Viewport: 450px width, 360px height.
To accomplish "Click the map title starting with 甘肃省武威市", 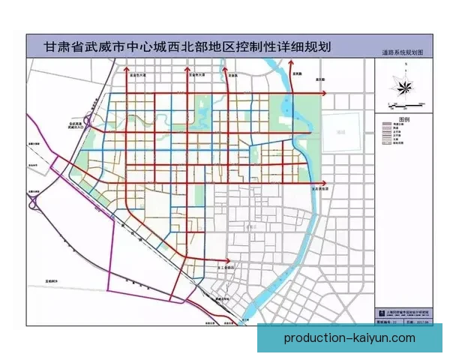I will click(x=188, y=45).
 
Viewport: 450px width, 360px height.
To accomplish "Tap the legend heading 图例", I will click(x=403, y=119).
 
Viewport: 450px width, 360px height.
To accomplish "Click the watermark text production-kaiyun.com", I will click(x=349, y=338).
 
